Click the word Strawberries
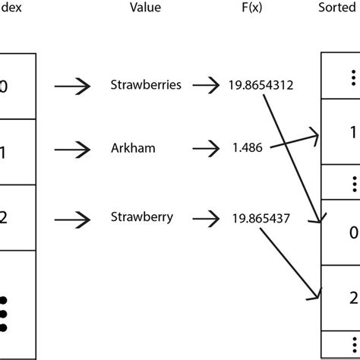(147, 85)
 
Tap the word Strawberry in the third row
(142, 217)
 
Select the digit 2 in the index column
(4, 218)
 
